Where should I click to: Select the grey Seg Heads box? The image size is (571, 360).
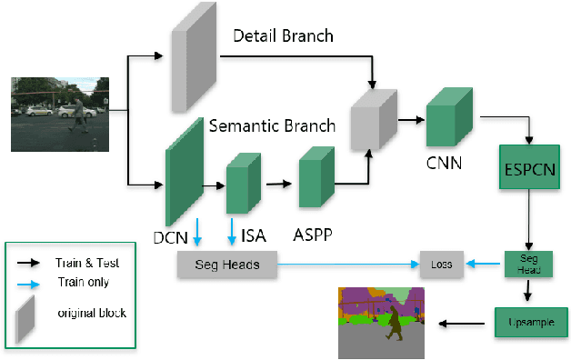(226, 265)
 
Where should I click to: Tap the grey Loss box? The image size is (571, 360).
(441, 265)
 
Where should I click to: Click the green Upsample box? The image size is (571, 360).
(531, 323)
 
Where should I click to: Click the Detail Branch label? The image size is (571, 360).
(284, 36)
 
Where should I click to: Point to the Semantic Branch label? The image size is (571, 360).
(273, 125)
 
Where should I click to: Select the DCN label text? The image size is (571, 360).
(171, 238)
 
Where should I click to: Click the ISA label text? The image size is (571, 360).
(254, 237)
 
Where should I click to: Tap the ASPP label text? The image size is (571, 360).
(312, 234)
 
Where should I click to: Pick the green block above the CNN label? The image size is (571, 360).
(449, 118)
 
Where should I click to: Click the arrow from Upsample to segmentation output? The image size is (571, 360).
(465, 323)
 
